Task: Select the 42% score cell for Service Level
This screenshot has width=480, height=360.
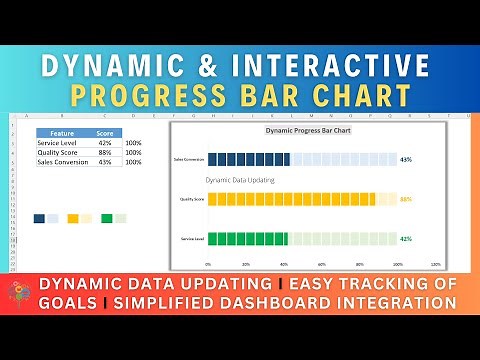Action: pos(104,142)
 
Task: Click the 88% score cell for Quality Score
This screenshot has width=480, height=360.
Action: pos(104,151)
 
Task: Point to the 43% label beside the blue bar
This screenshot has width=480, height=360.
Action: pos(405,159)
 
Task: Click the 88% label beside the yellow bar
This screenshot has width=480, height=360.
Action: pos(405,199)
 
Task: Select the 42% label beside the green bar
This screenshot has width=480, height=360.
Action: pos(405,239)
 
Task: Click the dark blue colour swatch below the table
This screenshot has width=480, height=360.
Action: pos(39,218)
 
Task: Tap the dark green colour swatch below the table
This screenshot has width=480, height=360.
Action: pos(106,218)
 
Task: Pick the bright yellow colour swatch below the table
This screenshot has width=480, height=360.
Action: pos(73,218)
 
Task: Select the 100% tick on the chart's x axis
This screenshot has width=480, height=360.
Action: pos(397,266)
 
